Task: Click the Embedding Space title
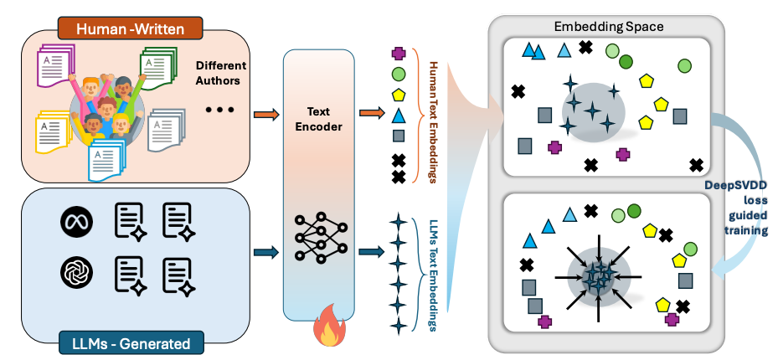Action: click(609, 27)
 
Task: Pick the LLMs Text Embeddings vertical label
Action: click(433, 273)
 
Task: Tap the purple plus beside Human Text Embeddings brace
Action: click(399, 54)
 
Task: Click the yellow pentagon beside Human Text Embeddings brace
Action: click(399, 95)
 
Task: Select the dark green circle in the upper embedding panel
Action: click(626, 61)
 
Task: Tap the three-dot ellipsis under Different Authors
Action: click(220, 110)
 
